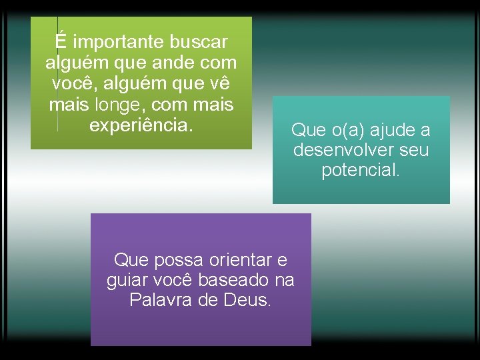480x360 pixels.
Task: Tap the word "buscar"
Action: pyautogui.click(x=199, y=43)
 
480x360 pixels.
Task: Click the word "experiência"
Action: pyautogui.click(x=140, y=126)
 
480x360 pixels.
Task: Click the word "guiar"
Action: pyautogui.click(x=127, y=280)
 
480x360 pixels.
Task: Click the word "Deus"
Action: pyautogui.click(x=247, y=301)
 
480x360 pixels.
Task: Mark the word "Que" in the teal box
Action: pyautogui.click(x=307, y=130)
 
